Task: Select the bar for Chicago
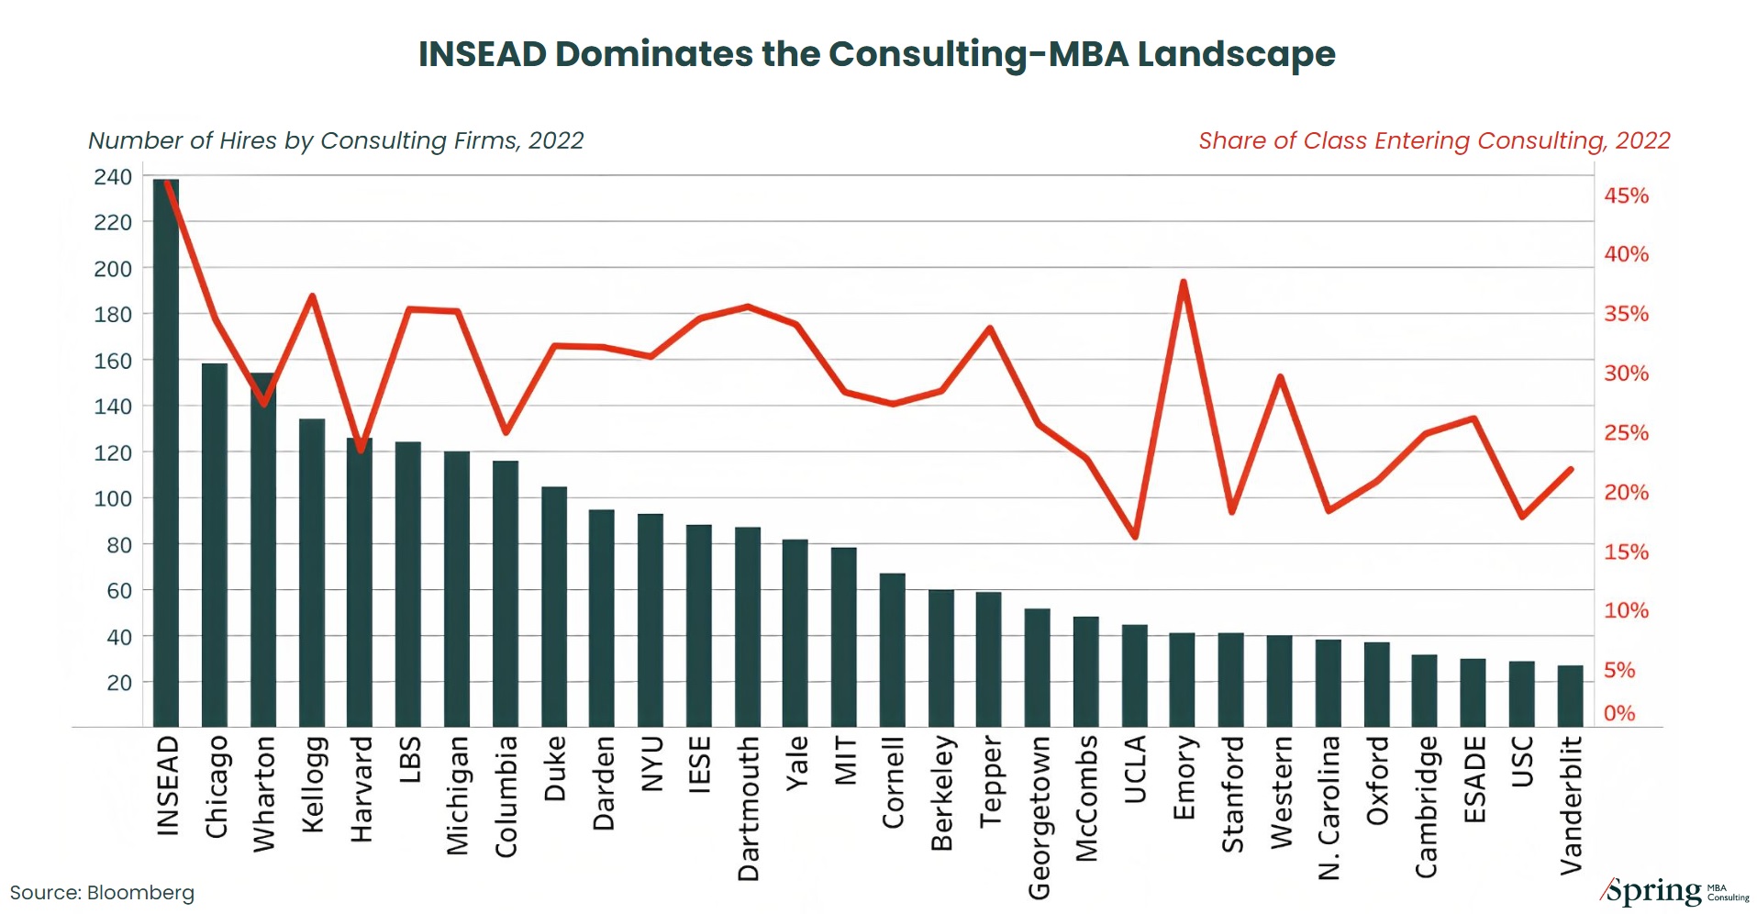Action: tap(215, 545)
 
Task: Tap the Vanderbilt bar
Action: tap(1570, 696)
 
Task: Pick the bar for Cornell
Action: tap(892, 650)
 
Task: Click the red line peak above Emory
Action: tap(1184, 283)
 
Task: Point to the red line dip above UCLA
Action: tap(1135, 536)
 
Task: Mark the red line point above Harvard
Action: tap(361, 450)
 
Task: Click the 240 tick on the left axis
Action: tap(113, 176)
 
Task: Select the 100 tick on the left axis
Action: tap(113, 498)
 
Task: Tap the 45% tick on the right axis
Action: tap(1626, 195)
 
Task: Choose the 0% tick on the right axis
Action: tap(1619, 713)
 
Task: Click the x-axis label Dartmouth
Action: tap(749, 808)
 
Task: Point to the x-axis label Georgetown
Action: tap(1039, 817)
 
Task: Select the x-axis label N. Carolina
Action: tap(1329, 808)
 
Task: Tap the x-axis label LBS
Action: tap(409, 759)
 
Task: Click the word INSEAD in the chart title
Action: tap(483, 54)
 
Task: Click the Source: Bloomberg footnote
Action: tap(102, 893)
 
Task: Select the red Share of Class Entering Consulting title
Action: tap(1433, 140)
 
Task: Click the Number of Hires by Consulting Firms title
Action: tap(336, 140)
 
